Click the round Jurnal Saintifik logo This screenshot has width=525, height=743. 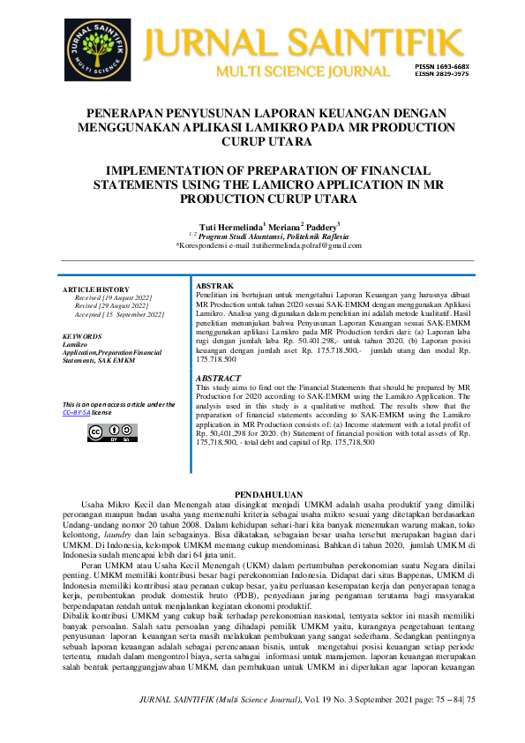(97, 49)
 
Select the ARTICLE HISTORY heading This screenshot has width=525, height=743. (95, 290)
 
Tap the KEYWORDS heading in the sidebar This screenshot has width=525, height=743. (81, 336)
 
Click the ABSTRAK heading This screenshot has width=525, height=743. (214, 287)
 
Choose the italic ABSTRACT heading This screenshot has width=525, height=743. (217, 377)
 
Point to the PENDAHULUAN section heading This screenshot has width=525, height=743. (262, 494)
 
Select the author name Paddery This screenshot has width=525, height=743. (323, 226)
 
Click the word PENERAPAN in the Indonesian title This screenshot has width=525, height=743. (137, 114)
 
